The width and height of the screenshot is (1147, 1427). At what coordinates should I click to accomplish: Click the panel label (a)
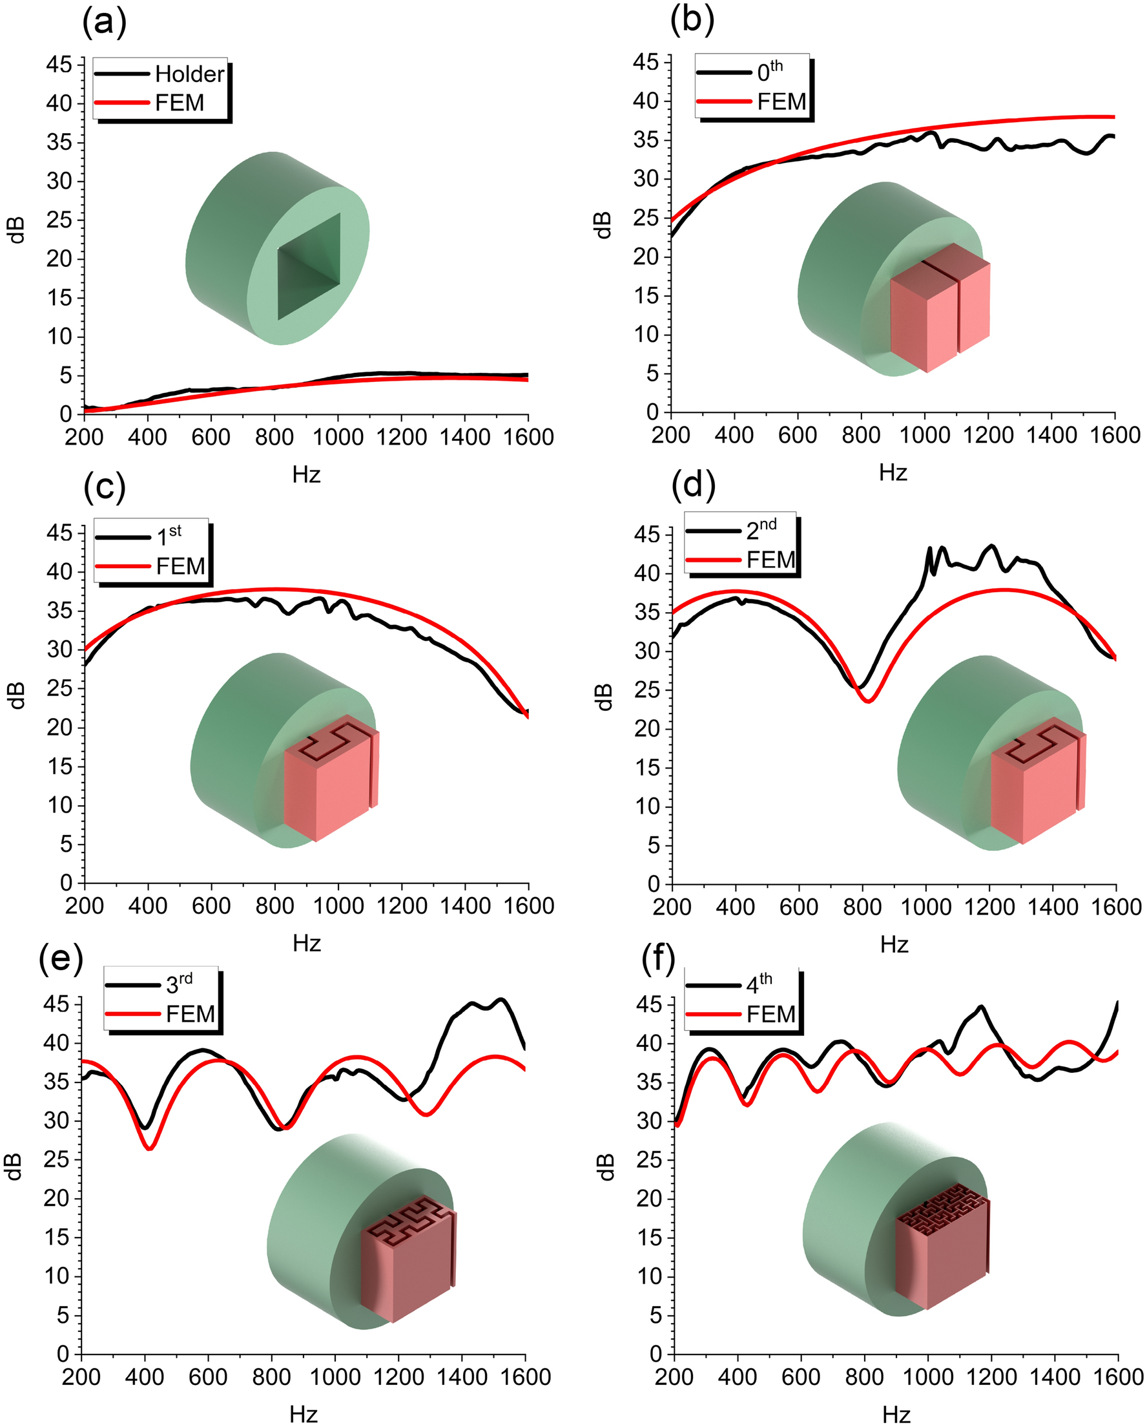(105, 23)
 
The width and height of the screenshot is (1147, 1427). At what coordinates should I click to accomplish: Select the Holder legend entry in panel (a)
(189, 74)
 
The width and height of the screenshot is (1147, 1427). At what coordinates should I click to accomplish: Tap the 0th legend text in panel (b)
(769, 71)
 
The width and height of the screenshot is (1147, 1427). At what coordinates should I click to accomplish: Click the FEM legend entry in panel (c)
(180, 567)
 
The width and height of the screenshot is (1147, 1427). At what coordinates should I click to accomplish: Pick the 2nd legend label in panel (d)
(761, 529)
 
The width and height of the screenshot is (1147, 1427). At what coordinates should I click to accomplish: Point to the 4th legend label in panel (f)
(759, 984)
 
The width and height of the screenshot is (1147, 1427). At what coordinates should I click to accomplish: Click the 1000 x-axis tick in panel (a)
(337, 438)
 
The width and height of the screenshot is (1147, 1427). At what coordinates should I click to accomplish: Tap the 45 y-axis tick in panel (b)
(646, 62)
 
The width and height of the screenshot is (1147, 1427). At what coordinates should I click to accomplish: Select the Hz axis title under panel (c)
(306, 943)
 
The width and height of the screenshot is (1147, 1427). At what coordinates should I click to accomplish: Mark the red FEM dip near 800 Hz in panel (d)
(868, 701)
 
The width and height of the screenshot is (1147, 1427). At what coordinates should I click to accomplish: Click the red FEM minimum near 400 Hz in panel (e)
(149, 1148)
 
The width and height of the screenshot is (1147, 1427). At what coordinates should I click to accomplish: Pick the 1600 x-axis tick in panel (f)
(1118, 1377)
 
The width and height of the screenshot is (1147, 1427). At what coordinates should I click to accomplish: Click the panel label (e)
(61, 958)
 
